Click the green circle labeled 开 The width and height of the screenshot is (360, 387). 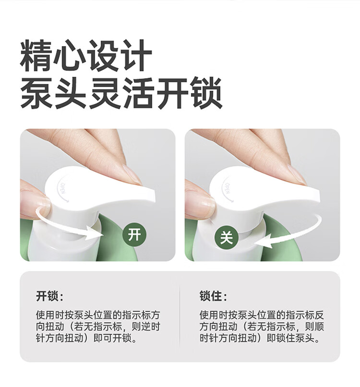[x=134, y=234]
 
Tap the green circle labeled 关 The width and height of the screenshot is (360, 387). [x=227, y=238]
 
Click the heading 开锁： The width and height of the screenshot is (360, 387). [x=49, y=296]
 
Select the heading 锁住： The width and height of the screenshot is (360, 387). [x=213, y=296]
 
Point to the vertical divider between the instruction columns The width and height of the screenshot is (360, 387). [x=180, y=317]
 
